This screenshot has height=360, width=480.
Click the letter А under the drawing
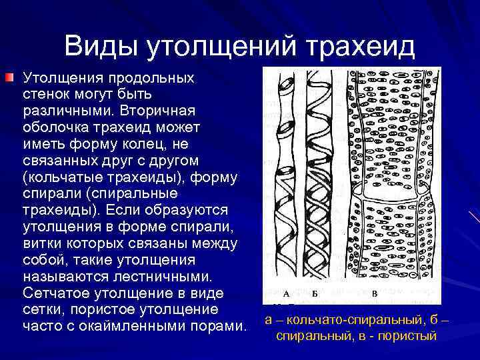pos(285,294)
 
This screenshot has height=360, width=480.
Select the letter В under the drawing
pos(375,294)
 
